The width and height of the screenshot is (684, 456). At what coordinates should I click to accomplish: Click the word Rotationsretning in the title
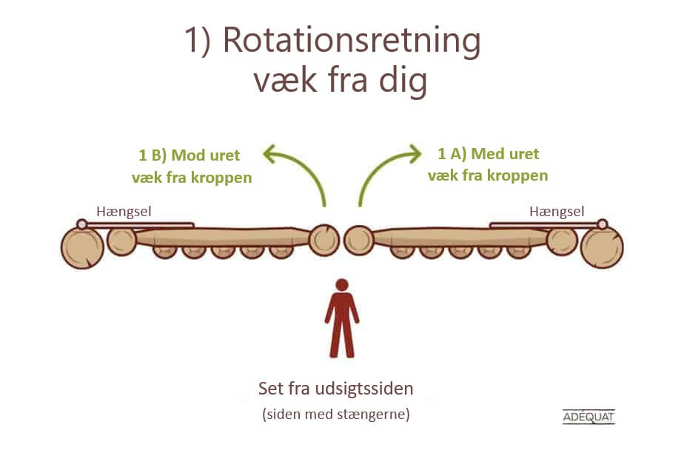pyautogui.click(x=352, y=40)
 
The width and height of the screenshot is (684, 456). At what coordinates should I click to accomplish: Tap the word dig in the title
pyautogui.click(x=403, y=81)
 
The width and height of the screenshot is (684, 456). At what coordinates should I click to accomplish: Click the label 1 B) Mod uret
pyautogui.click(x=190, y=155)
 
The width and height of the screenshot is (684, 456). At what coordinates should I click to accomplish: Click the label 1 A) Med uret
pyautogui.click(x=488, y=153)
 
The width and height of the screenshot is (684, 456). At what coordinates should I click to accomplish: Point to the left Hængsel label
pyautogui.click(x=124, y=212)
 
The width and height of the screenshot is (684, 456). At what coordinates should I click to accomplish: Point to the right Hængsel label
pyautogui.click(x=557, y=212)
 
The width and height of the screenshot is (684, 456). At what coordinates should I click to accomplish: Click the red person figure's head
pyautogui.click(x=342, y=285)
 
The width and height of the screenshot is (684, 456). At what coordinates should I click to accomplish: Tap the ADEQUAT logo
pyautogui.click(x=589, y=417)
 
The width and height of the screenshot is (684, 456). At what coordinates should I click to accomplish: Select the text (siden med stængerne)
pyautogui.click(x=336, y=414)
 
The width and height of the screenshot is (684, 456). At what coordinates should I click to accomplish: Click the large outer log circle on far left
pyautogui.click(x=82, y=248)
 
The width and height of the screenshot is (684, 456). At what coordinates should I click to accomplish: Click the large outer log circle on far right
pyautogui.click(x=602, y=248)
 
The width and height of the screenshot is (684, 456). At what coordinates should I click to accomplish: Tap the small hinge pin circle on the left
pyautogui.click(x=81, y=224)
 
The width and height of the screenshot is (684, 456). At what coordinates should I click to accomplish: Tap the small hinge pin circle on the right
pyautogui.click(x=603, y=224)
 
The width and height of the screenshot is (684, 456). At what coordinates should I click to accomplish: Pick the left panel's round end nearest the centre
pyautogui.click(x=324, y=240)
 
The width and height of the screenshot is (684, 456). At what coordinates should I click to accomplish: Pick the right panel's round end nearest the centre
pyautogui.click(x=359, y=240)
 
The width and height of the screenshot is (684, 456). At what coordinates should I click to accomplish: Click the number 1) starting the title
pyautogui.click(x=198, y=41)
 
